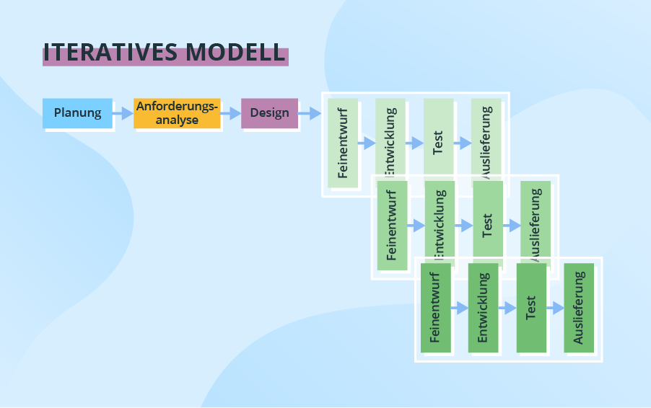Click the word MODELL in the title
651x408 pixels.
tap(235, 53)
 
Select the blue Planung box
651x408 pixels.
tap(78, 113)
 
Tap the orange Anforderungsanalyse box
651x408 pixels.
tap(177, 113)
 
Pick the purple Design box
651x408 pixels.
tap(269, 113)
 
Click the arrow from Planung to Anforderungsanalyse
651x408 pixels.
tap(123, 113)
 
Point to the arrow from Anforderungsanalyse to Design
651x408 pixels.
tap(230, 113)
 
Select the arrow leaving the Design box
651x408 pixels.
tap(309, 113)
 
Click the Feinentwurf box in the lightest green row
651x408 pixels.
tap(343, 143)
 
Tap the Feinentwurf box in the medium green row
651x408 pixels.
tap(392, 226)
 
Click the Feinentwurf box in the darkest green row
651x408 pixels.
tap(435, 308)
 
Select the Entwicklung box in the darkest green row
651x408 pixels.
tap(483, 308)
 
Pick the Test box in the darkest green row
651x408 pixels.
tap(531, 308)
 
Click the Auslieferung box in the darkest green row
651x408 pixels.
tap(579, 308)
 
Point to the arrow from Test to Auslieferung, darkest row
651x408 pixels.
tap(554, 308)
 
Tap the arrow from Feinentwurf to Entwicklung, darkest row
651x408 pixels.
tap(459, 308)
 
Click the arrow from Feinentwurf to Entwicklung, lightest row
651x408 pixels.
tap(367, 143)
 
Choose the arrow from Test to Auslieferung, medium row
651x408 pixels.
tap(511, 226)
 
